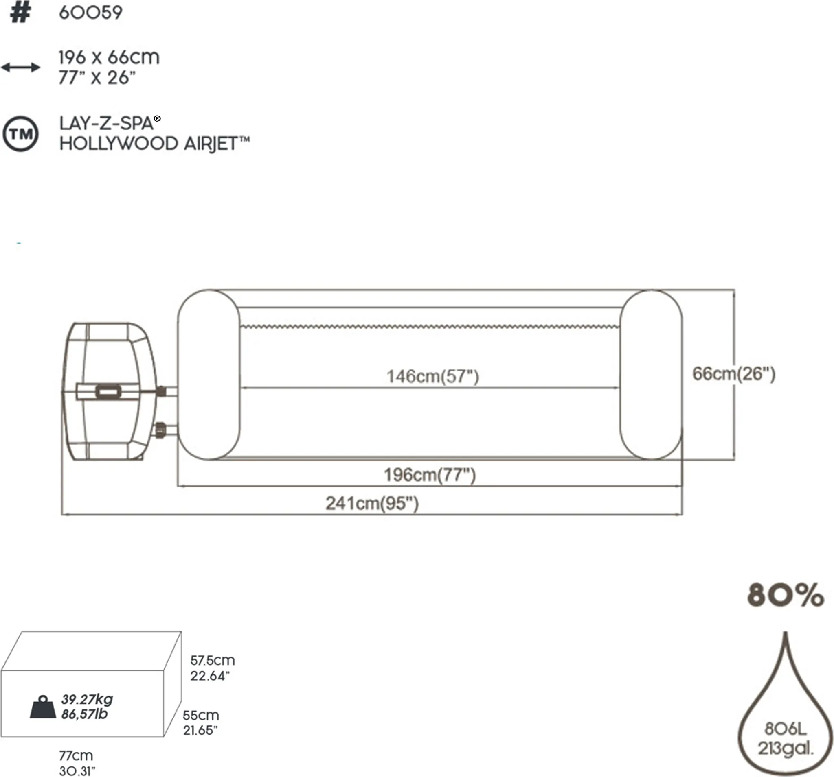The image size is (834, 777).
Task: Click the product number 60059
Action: [x=91, y=13]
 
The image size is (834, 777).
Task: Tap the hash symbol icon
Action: [x=20, y=13]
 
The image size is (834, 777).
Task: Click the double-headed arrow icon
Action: [x=20, y=67]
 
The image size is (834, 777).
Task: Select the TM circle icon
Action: [x=20, y=134]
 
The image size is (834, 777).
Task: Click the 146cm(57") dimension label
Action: [x=432, y=376]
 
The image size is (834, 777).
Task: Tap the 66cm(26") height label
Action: [x=734, y=373]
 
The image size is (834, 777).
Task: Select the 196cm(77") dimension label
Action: [x=430, y=475]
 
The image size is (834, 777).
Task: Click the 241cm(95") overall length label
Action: [x=372, y=503]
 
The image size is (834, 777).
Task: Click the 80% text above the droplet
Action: [x=785, y=595]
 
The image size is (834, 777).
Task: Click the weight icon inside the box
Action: [x=43, y=707]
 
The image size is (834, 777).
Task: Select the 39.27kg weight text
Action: [x=87, y=699]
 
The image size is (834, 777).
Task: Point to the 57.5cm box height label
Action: [x=212, y=661]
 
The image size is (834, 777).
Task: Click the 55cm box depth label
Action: [x=200, y=715]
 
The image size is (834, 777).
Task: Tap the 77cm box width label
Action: [x=76, y=755]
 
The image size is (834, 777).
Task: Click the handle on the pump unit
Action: [x=109, y=392]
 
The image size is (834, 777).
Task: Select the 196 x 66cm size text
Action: [x=109, y=57]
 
